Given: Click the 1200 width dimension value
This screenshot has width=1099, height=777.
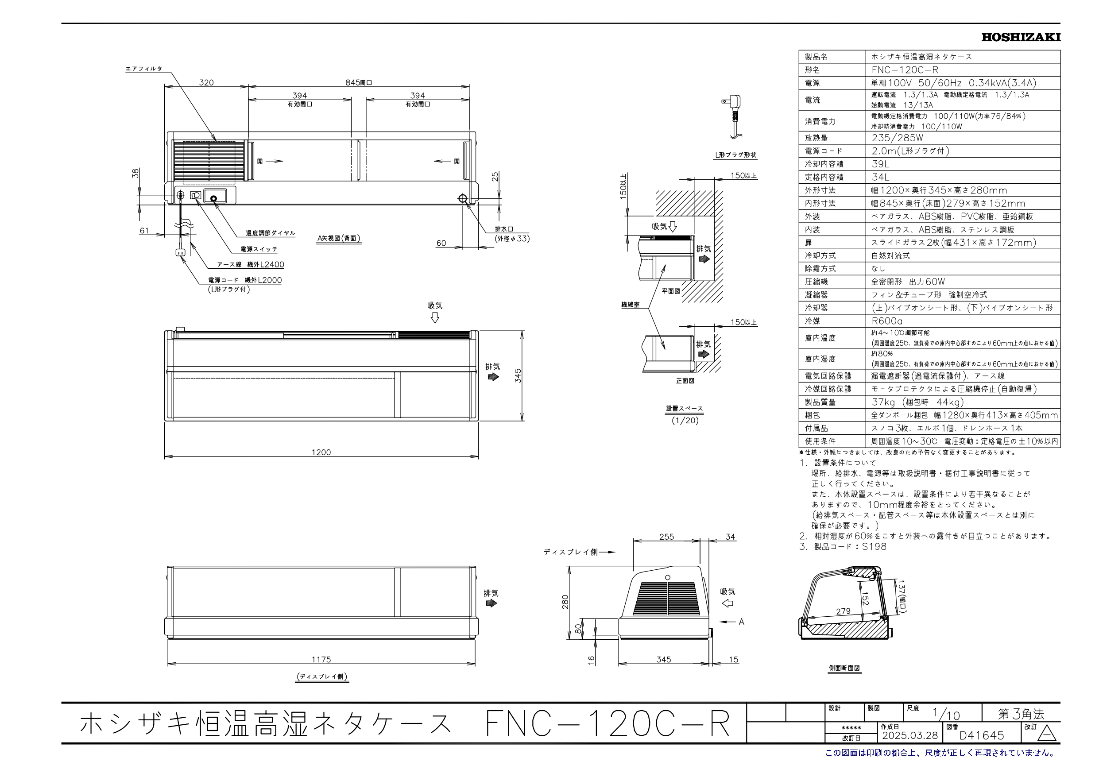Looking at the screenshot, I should (x=321, y=452).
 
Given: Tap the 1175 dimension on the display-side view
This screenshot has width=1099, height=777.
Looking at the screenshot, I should (x=321, y=660).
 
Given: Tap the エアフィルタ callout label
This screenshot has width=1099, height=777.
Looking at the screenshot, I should (x=143, y=69).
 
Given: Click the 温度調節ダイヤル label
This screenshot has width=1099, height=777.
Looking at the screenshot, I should (x=271, y=233).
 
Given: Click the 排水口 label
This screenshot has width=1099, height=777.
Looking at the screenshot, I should (x=503, y=229).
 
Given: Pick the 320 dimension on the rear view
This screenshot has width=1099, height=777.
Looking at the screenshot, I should (x=206, y=82).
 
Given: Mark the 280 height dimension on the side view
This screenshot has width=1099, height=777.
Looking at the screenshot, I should (x=565, y=601).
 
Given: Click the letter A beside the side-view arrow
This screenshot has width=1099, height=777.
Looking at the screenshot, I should (x=741, y=622).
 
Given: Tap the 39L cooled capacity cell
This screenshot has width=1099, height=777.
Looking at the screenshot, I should (x=880, y=164).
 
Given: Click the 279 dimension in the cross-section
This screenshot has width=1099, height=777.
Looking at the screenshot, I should (x=843, y=611).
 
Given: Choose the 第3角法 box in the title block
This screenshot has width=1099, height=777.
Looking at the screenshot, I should (x=1021, y=714).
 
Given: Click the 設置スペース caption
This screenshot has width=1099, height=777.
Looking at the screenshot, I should (x=685, y=409).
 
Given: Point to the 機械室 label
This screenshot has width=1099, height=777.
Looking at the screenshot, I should (x=630, y=305).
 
